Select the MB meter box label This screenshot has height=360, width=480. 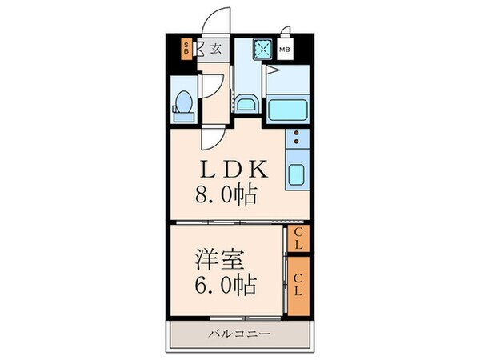pyautogui.click(x=285, y=49)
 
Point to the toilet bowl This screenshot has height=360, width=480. pyautogui.click(x=182, y=105)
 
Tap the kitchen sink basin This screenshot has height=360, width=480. pyautogui.click(x=296, y=173)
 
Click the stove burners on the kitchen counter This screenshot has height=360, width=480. pyautogui.click(x=296, y=139)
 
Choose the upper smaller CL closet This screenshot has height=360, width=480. pyautogui.click(x=298, y=238)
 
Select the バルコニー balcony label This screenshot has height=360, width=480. pyautogui.click(x=240, y=333)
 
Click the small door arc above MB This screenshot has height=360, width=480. pyautogui.click(x=286, y=33)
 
